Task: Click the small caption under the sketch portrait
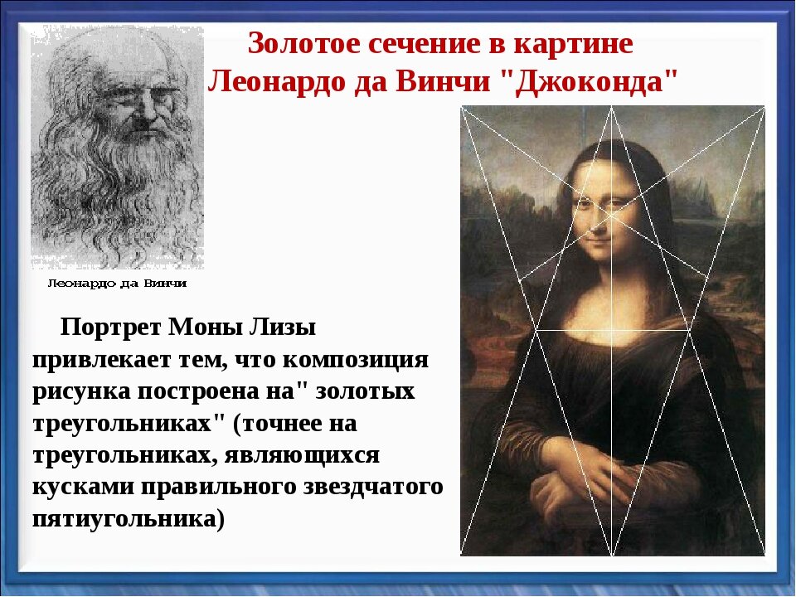[116, 284]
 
